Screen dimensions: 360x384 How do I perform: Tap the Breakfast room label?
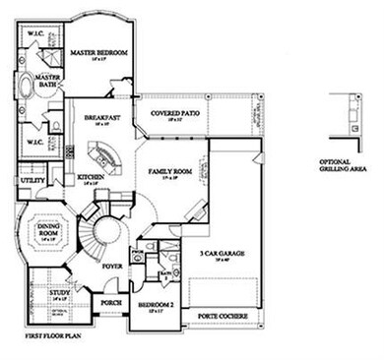point(102,119)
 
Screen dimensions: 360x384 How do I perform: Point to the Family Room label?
point(168,171)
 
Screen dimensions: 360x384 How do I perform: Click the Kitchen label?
point(90,178)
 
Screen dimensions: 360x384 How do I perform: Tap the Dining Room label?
point(49,230)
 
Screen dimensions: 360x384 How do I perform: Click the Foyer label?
point(112,266)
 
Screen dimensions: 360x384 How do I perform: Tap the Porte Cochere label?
point(222,316)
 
